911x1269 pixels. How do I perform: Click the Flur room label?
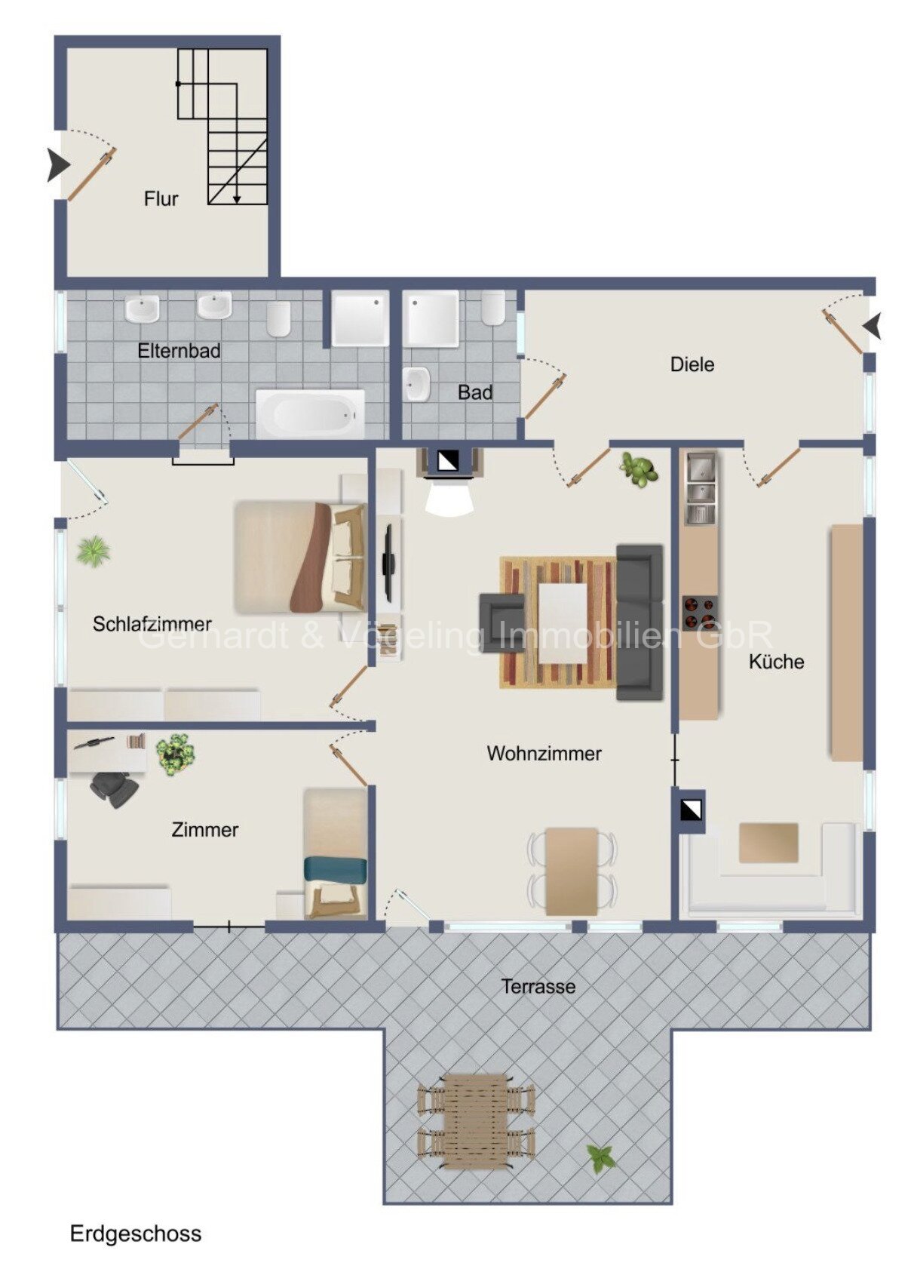[161, 199]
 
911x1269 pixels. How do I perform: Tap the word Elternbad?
[179, 351]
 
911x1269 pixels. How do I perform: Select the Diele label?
[692, 364]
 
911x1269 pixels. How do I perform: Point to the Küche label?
[776, 662]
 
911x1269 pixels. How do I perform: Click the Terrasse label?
[538, 986]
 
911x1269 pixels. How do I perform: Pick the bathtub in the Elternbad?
[310, 413]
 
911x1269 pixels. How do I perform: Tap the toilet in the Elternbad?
[278, 318]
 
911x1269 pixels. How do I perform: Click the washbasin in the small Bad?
[418, 384]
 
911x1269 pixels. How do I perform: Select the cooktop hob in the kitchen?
[700, 613]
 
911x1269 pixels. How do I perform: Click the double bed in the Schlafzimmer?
[299, 558]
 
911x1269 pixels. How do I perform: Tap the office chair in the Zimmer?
[115, 788]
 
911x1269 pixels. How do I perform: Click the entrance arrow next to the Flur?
[58, 165]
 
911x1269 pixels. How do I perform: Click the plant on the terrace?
[601, 1158]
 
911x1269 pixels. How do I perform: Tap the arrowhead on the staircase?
[237, 199]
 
